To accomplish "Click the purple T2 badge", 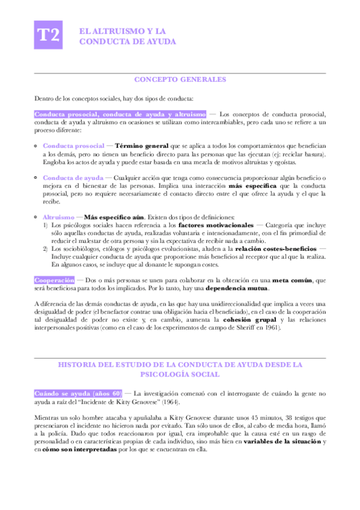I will click(x=49, y=35).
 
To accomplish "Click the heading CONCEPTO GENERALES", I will click(x=180, y=79).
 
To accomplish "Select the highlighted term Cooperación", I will click(x=55, y=280).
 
